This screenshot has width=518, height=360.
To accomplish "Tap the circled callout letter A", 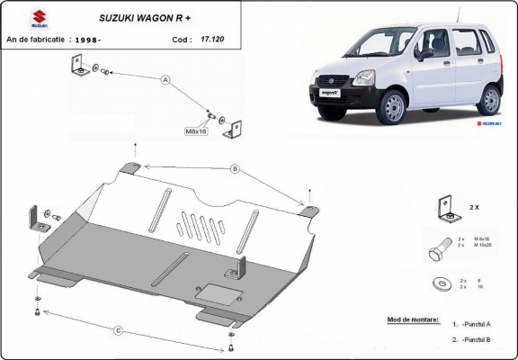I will point(165,80).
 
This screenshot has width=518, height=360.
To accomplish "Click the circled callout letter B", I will point(235,168).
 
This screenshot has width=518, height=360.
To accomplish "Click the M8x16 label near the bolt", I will point(197,131).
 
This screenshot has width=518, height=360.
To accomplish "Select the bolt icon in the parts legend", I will point(445,247).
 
